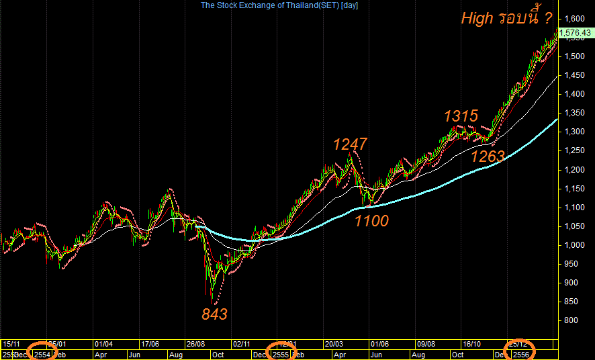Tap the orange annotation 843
click(x=215, y=314)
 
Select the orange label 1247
click(x=350, y=144)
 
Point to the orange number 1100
click(x=371, y=220)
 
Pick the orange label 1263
click(x=488, y=156)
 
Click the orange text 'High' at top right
click(x=476, y=18)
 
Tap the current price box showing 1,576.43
click(x=576, y=32)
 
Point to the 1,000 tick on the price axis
click(x=574, y=245)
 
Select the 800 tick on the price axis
click(x=571, y=320)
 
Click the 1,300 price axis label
click(x=574, y=132)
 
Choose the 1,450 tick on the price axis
click(x=574, y=75)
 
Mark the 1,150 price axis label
click(x=574, y=189)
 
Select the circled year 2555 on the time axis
click(x=281, y=354)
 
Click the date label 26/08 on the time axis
click(x=196, y=343)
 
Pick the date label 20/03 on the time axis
click(x=334, y=343)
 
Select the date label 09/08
click(x=427, y=343)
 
